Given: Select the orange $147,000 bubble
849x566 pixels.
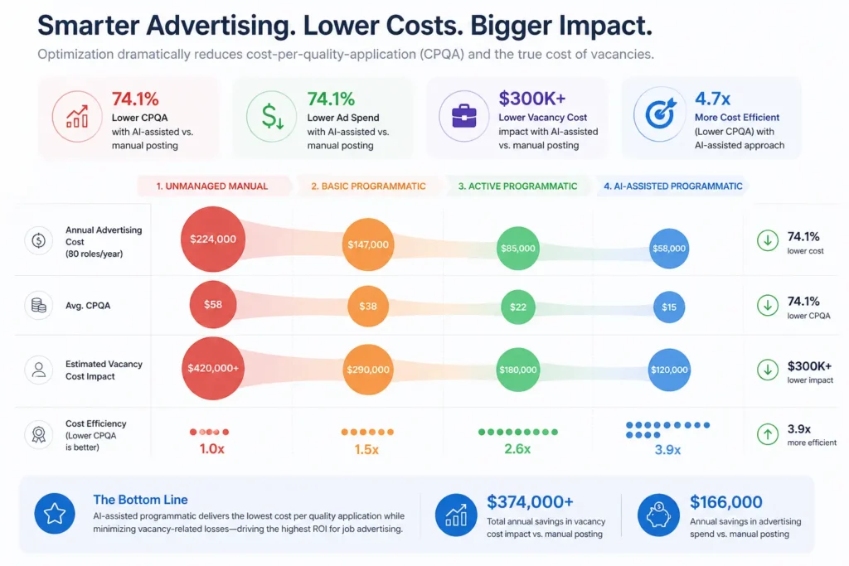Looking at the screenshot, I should pyautogui.click(x=367, y=244).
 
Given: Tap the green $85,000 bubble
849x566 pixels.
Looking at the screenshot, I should pyautogui.click(x=518, y=248).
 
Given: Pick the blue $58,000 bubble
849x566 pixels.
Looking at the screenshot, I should pyautogui.click(x=669, y=248).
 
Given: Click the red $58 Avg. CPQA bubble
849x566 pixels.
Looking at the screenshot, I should pyautogui.click(x=212, y=305).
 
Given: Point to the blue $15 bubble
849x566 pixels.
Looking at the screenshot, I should pyautogui.click(x=669, y=307).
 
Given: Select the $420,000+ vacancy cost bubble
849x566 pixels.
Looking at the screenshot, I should pyautogui.click(x=212, y=369).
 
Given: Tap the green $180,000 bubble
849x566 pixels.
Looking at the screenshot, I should pyautogui.click(x=518, y=370).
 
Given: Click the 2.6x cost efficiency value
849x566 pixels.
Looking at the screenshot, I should pyautogui.click(x=518, y=449).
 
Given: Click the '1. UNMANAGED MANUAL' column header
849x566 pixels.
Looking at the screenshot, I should pyautogui.click(x=213, y=186).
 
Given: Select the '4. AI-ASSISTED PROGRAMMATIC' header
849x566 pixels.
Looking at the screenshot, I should pyautogui.click(x=672, y=186).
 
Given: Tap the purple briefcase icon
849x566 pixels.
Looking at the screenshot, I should pyautogui.click(x=463, y=116).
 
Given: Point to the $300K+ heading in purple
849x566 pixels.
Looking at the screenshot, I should pyautogui.click(x=531, y=99).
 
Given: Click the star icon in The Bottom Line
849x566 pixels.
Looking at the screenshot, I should pyautogui.click(x=55, y=514).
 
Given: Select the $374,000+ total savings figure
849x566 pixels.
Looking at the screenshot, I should pyautogui.click(x=529, y=501).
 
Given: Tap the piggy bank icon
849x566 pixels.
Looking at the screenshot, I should pyautogui.click(x=658, y=514).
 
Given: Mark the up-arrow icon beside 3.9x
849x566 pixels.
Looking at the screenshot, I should pyautogui.click(x=767, y=433).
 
